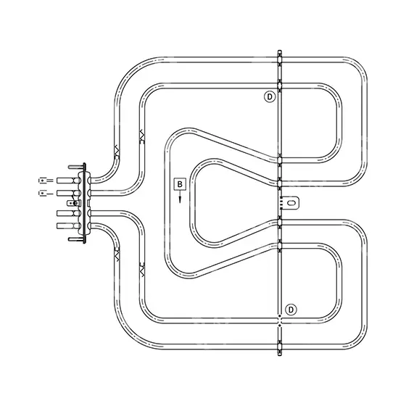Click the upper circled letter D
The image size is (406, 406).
(270, 97)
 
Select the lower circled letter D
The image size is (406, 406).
(291, 310)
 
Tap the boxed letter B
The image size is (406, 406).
(180, 184)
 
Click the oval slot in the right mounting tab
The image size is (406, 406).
(291, 202)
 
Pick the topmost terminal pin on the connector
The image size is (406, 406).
(68, 181)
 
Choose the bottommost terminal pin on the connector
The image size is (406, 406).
(68, 225)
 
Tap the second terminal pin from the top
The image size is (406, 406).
(68, 193)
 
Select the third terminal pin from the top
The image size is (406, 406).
(68, 213)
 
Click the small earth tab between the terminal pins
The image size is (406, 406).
(73, 203)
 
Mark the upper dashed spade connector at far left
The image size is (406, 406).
(46, 180)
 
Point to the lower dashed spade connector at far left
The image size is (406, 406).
(46, 193)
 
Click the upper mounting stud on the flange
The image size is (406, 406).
(77, 167)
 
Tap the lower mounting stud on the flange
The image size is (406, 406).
(77, 239)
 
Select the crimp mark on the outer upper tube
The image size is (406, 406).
(117, 151)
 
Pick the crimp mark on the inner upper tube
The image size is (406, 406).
(142, 137)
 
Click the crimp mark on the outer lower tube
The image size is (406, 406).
(117, 254)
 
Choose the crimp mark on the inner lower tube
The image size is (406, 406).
(142, 270)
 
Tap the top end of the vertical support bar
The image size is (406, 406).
(279, 51)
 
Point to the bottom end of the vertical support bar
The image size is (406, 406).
(279, 355)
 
